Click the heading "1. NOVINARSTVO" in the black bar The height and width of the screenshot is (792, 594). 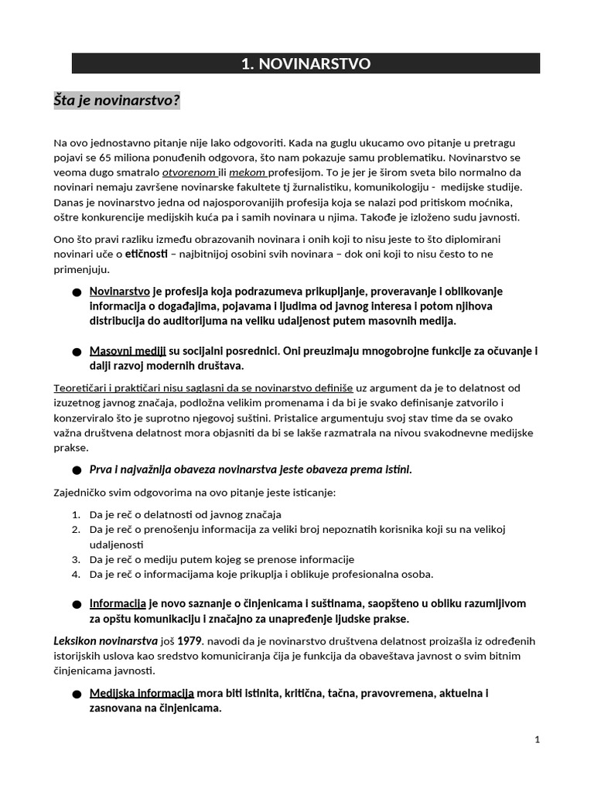[306, 64]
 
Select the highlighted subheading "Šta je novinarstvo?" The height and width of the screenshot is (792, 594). [116, 101]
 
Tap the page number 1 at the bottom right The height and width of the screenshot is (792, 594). [537, 740]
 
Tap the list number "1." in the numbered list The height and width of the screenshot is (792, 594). [77, 514]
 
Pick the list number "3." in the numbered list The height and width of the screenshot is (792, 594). [77, 559]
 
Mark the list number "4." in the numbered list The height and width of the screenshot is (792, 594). [77, 574]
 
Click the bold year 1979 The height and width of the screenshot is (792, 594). [190, 641]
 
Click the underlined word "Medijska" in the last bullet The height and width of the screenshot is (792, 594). [114, 693]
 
